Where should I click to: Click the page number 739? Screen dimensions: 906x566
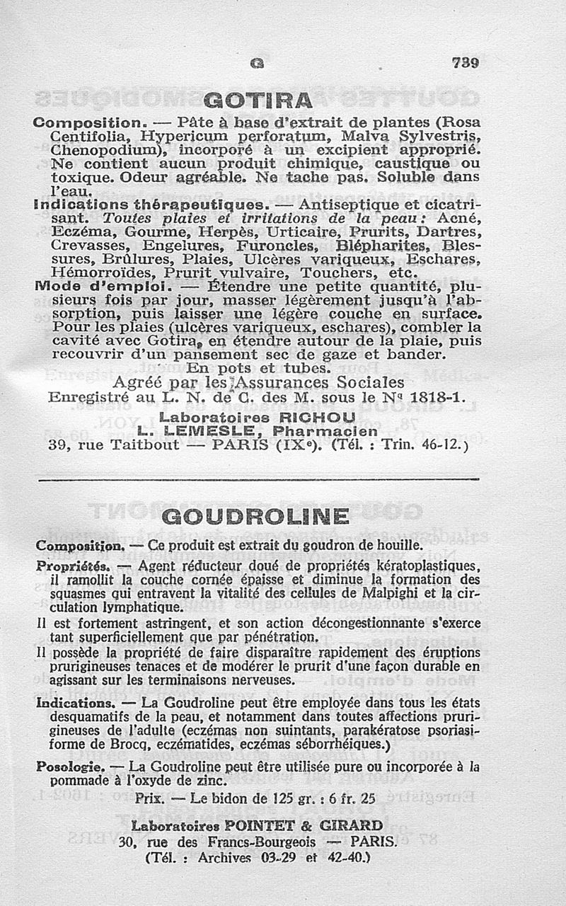[466, 63]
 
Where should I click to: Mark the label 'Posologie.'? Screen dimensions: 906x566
[69, 767]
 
